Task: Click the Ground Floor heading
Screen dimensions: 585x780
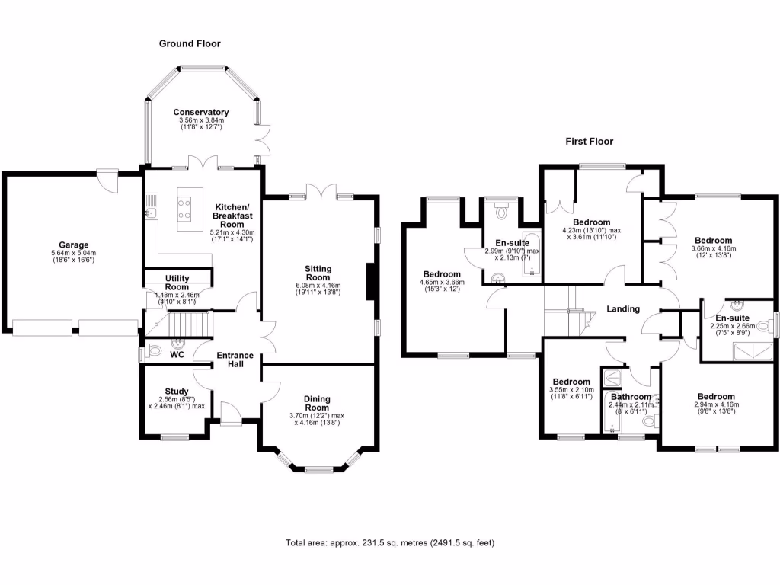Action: tap(190, 43)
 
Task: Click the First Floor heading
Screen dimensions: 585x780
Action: tap(589, 141)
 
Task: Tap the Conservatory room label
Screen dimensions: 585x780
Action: tap(201, 112)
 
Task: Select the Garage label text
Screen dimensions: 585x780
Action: tap(69, 245)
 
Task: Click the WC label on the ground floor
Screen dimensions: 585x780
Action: tap(177, 355)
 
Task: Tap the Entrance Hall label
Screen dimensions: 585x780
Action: tap(235, 360)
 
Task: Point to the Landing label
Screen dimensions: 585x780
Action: tap(622, 308)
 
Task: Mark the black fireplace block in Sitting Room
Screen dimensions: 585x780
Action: tap(370, 283)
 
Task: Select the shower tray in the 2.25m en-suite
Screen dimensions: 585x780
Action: tap(749, 350)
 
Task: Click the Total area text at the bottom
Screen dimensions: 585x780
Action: tap(390, 543)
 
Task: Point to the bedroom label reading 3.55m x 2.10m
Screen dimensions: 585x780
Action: tap(571, 382)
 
